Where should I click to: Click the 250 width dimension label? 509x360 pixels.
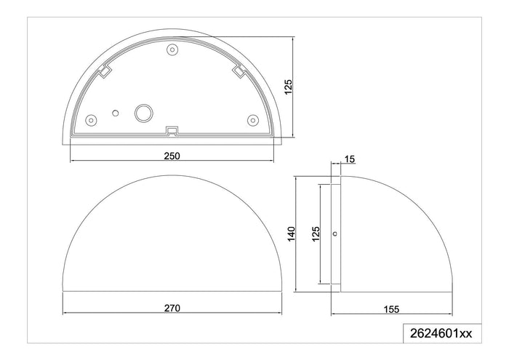click(172, 156)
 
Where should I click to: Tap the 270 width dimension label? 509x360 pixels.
click(172, 308)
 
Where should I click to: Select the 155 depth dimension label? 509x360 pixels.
click(391, 309)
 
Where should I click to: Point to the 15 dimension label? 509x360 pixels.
click(350, 159)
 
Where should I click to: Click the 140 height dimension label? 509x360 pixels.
click(291, 234)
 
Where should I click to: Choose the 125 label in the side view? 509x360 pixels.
click(316, 234)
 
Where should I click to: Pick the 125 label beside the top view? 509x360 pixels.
click(288, 87)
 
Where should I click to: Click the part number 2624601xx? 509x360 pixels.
click(441, 333)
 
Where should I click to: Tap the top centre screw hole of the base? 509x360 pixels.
click(172, 50)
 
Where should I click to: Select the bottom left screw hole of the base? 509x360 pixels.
click(91, 120)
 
